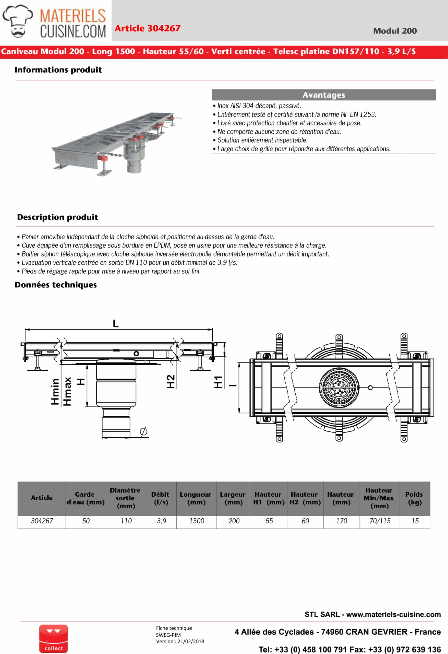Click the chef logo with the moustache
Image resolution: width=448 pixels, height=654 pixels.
point(17,21)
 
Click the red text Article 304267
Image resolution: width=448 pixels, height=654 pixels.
point(147,28)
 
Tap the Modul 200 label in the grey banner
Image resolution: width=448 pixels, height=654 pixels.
point(395,31)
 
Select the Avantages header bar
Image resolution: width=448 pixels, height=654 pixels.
point(323,95)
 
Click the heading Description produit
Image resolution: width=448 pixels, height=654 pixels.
point(57,217)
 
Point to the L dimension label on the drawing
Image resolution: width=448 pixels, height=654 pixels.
point(116,323)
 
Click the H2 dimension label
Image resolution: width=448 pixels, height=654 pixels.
point(171,382)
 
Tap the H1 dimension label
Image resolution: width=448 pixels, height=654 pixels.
point(218,382)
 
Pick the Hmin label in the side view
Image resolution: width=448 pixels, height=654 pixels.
point(55,391)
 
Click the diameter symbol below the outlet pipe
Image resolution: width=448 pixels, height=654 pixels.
point(143,431)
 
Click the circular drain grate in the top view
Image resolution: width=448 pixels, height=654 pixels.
point(339,388)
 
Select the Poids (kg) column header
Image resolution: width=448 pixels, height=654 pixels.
point(414,498)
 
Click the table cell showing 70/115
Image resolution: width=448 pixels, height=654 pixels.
point(380,521)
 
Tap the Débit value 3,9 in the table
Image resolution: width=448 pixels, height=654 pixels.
point(161,521)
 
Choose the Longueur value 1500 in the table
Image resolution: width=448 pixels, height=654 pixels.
point(197,521)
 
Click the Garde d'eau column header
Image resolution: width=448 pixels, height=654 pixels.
point(86,498)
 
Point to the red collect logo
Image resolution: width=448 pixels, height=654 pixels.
point(53,639)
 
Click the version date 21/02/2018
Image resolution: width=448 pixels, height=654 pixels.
point(191,641)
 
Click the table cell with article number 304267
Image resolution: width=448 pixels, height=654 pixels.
point(42,521)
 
